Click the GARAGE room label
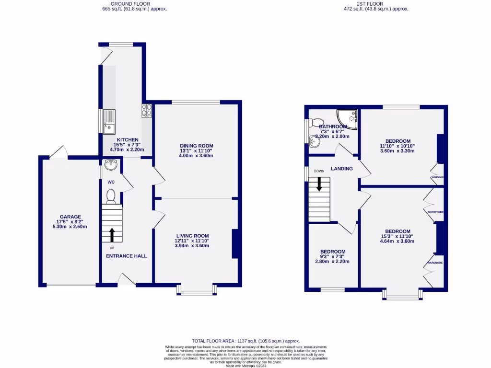click(70, 217)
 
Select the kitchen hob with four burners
click(146, 111)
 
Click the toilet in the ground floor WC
click(110, 196)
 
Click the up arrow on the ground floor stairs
click(112, 235)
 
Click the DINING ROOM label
click(196, 146)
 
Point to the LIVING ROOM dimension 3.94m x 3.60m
click(192, 246)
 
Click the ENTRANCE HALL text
click(126, 256)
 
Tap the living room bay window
click(196, 290)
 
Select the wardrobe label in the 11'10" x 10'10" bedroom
click(437, 177)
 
